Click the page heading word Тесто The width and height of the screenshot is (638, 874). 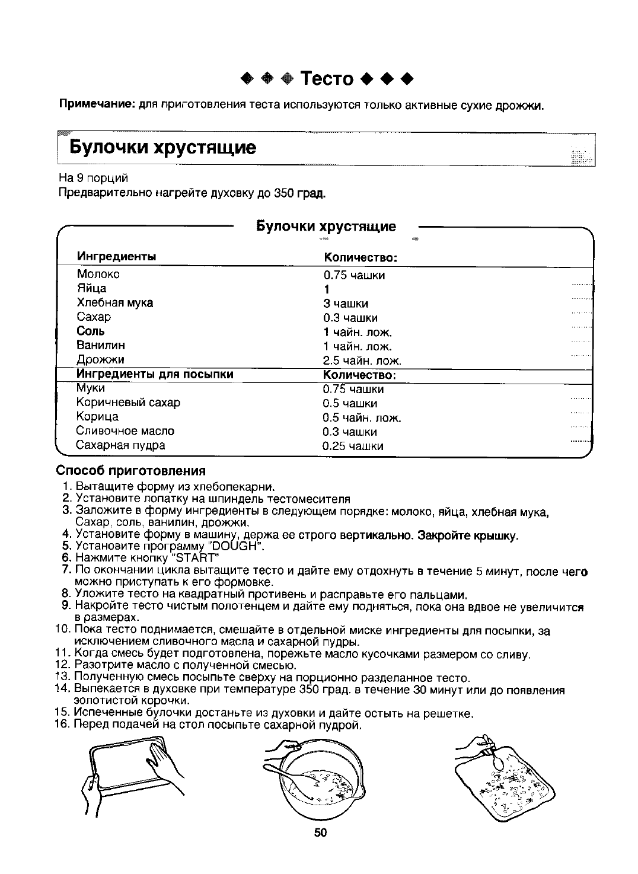pyautogui.click(x=327, y=78)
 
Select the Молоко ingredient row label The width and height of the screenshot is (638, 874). pyautogui.click(x=98, y=274)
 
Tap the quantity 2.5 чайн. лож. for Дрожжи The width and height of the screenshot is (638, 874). pyautogui.click(x=362, y=361)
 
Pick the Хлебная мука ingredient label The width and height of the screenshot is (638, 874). pyautogui.click(x=114, y=302)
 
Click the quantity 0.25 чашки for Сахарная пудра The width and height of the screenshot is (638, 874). pyautogui.click(x=353, y=446)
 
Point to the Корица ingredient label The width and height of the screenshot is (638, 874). pyautogui.click(x=97, y=416)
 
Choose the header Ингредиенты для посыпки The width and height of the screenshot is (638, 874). pyautogui.click(x=155, y=374)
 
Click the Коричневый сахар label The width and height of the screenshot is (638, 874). pyautogui.click(x=128, y=403)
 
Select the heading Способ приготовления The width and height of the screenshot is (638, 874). pyautogui.click(x=130, y=471)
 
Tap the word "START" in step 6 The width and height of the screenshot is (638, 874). pyautogui.click(x=193, y=557)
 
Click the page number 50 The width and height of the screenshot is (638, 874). pyautogui.click(x=320, y=832)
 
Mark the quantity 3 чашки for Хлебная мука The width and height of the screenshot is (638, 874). pyautogui.click(x=346, y=304)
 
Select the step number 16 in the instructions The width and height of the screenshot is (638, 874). pyautogui.click(x=62, y=725)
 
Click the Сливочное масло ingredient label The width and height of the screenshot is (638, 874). pyautogui.click(x=125, y=430)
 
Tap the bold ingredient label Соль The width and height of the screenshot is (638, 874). pyautogui.click(x=91, y=331)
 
